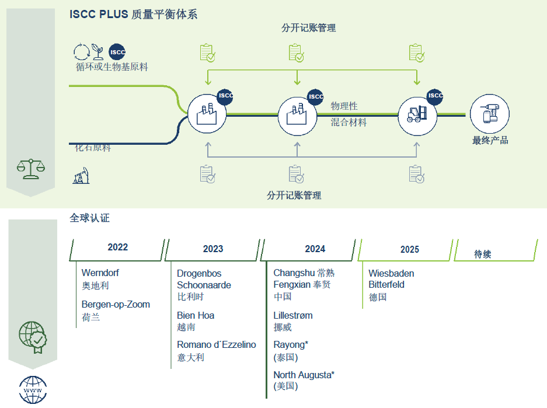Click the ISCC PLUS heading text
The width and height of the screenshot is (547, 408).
point(133,15)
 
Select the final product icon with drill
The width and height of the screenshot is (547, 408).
point(490,113)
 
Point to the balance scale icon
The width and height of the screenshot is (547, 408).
point(31,169)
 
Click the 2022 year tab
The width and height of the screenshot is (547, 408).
point(117,247)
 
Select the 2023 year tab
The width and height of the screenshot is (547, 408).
point(213,249)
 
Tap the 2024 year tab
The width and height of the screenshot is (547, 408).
point(315,249)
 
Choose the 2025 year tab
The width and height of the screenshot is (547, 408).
point(409,249)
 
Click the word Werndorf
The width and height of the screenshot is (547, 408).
point(100,273)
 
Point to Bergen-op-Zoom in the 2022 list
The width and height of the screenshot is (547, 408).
point(116,304)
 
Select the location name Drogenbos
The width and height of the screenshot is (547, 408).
point(199,273)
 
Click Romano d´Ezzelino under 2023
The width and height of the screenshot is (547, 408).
point(217,344)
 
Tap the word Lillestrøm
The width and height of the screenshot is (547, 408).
point(293,315)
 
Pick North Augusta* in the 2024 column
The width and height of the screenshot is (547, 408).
point(304,374)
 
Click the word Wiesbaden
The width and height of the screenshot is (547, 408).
point(391,273)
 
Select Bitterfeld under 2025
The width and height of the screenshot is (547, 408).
point(386,284)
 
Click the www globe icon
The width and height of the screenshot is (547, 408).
point(33,389)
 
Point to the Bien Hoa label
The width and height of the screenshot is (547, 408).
point(196,315)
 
